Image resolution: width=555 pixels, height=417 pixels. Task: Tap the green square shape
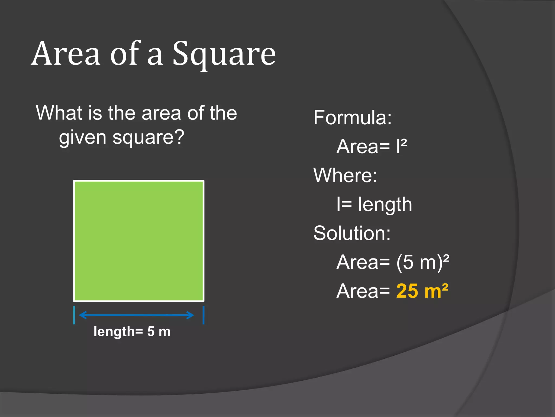[x=139, y=241]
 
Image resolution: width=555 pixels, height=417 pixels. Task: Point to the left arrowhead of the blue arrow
[x=82, y=315]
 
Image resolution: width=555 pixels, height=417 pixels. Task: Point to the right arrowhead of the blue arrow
[x=191, y=315]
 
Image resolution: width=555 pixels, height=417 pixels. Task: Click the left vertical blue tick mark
[x=74, y=315]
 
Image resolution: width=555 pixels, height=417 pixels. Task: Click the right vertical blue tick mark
[x=204, y=315]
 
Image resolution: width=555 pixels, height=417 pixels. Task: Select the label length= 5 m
[x=132, y=331]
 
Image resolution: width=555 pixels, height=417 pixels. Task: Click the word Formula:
[x=353, y=118]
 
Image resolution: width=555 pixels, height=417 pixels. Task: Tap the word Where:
[x=345, y=175]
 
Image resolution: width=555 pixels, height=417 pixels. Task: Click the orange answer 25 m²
[x=422, y=291]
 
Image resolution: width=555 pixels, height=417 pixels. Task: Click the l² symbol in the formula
[x=401, y=146]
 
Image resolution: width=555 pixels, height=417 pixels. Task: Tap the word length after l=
[x=385, y=204]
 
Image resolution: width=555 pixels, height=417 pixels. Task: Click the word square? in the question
[x=149, y=137]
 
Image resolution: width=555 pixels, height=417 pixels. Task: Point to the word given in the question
[x=83, y=138]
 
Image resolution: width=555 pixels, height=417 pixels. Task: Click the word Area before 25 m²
[x=357, y=291]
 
